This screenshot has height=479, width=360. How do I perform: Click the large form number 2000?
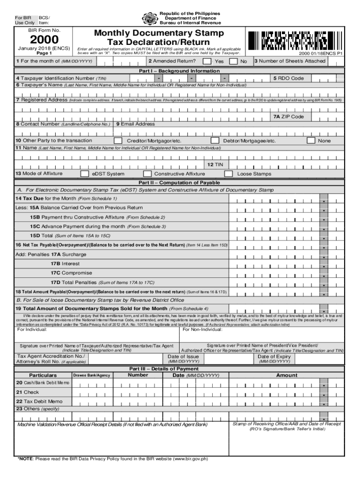(38, 41)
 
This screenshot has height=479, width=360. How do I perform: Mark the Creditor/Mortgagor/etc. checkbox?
(118, 140)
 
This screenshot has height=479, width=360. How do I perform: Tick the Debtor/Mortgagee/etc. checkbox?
(215, 140)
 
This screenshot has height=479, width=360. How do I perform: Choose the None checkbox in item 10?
(310, 140)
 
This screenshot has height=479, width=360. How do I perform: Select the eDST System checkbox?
(85, 174)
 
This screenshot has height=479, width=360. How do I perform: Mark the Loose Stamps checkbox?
(229, 174)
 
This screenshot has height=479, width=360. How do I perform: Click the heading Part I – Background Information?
(180, 71)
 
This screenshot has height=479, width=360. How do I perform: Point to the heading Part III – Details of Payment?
(180, 369)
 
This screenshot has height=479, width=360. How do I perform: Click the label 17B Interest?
(65, 263)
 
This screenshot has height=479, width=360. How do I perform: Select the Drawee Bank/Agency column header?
(92, 376)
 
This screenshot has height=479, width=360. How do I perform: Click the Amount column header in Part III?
(287, 375)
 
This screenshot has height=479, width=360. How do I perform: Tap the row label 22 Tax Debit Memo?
(39, 401)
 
